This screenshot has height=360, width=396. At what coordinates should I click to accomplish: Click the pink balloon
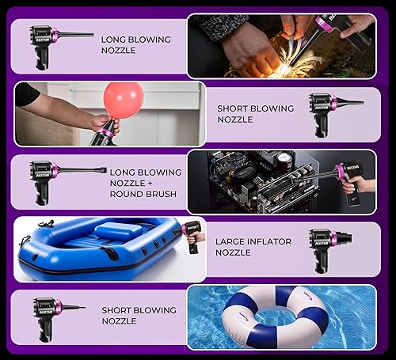124,99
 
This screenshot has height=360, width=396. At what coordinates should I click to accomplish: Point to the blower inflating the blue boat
190,236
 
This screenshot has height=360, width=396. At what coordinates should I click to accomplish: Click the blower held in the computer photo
348,180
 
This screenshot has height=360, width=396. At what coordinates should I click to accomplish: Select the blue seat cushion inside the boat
117,232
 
